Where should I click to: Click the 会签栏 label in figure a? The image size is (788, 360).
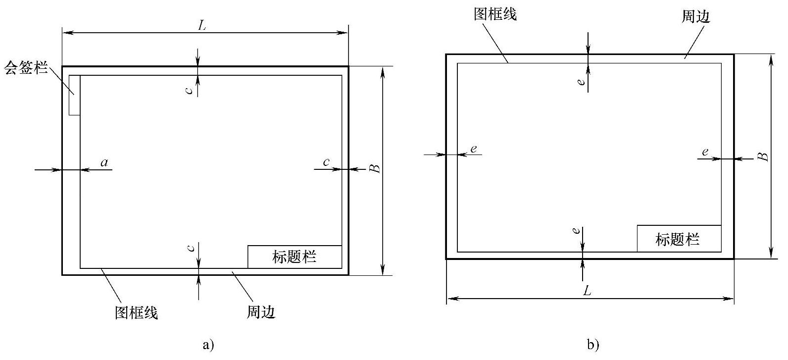click(x=26, y=68)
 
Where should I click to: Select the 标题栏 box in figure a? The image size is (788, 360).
click(x=295, y=257)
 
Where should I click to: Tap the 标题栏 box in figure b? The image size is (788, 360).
click(x=678, y=239)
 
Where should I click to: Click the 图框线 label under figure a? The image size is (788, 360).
click(x=137, y=313)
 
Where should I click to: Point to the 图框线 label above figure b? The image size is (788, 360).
click(x=495, y=14)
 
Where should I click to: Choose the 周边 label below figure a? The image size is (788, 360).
click(x=260, y=312)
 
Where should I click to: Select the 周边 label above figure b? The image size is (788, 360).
click(x=696, y=17)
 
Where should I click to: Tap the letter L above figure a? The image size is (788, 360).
click(x=202, y=26)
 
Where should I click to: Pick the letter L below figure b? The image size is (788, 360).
click(x=587, y=291)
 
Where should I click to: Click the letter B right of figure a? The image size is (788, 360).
click(x=376, y=168)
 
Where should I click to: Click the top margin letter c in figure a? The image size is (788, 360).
click(x=189, y=90)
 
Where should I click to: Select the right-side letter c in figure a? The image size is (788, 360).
click(x=326, y=162)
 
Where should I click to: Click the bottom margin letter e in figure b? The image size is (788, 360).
click(x=575, y=231)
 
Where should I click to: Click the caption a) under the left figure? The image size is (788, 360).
click(x=208, y=345)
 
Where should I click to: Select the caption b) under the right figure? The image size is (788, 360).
click(x=593, y=345)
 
